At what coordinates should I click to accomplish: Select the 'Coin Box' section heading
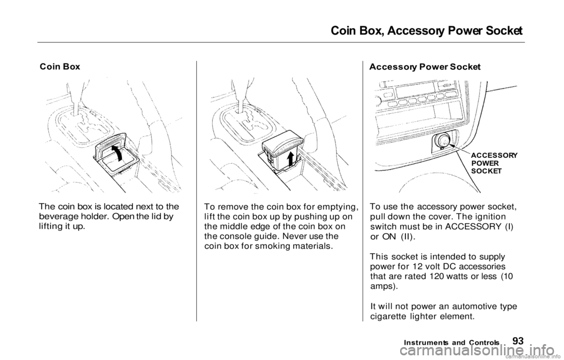pyautogui.click(x=60, y=67)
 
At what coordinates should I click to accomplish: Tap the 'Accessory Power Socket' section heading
pyautogui.click(x=425, y=67)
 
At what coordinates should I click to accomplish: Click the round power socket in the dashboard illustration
pyautogui.click(x=442, y=140)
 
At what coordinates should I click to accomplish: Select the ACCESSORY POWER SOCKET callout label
pyautogui.click(x=494, y=163)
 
